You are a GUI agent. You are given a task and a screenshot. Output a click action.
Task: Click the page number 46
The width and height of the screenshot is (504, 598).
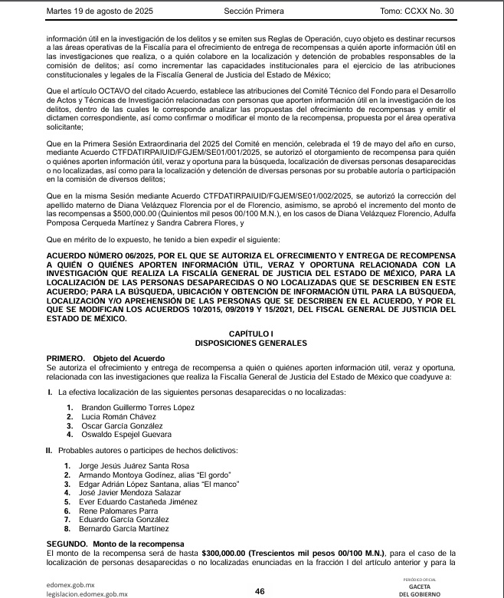[x=260, y=590]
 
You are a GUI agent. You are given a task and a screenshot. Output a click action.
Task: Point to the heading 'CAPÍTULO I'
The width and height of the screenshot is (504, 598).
[x=251, y=333]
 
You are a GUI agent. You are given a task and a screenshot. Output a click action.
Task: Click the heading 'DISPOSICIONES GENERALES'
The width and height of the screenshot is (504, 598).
[x=251, y=343]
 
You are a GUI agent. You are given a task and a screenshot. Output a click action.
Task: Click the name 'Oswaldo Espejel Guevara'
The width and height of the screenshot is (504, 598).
[x=126, y=435]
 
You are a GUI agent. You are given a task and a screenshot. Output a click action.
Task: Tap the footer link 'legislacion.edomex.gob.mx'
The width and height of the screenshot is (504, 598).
[x=87, y=593]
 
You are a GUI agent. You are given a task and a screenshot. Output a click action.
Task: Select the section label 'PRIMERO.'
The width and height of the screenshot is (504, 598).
[x=65, y=359]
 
